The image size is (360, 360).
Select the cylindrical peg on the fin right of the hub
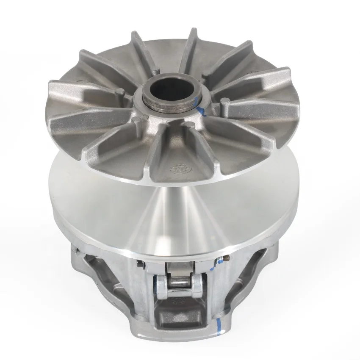point(225,101)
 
